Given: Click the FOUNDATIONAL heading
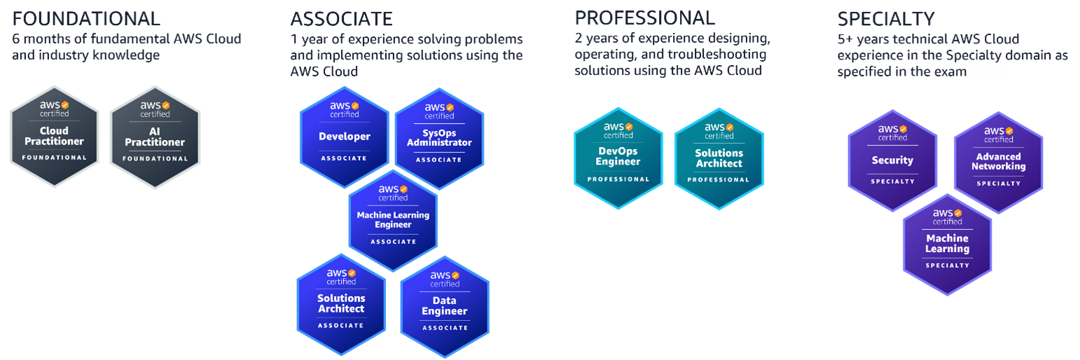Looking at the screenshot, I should pos(86,18).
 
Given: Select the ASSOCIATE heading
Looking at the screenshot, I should pos(342,18).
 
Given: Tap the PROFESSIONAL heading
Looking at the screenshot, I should pos(645,18).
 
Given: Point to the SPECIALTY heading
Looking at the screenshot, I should pos(886,18).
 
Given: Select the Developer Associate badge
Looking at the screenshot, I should pos(344,137).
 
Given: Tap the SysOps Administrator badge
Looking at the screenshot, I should pos(439,138).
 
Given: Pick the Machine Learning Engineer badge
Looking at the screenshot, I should pos(393,220).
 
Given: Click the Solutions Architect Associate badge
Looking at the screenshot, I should pos(341,303).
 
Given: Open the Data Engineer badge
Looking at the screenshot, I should pos(445,307).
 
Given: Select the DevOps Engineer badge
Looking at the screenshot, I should pos(618,158).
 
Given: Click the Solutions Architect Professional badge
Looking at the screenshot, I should pos(719,158).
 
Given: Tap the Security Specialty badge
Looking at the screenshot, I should pos(892,160).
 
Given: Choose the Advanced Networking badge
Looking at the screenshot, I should pos(998,162).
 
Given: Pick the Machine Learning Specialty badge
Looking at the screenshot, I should pos(947,244).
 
